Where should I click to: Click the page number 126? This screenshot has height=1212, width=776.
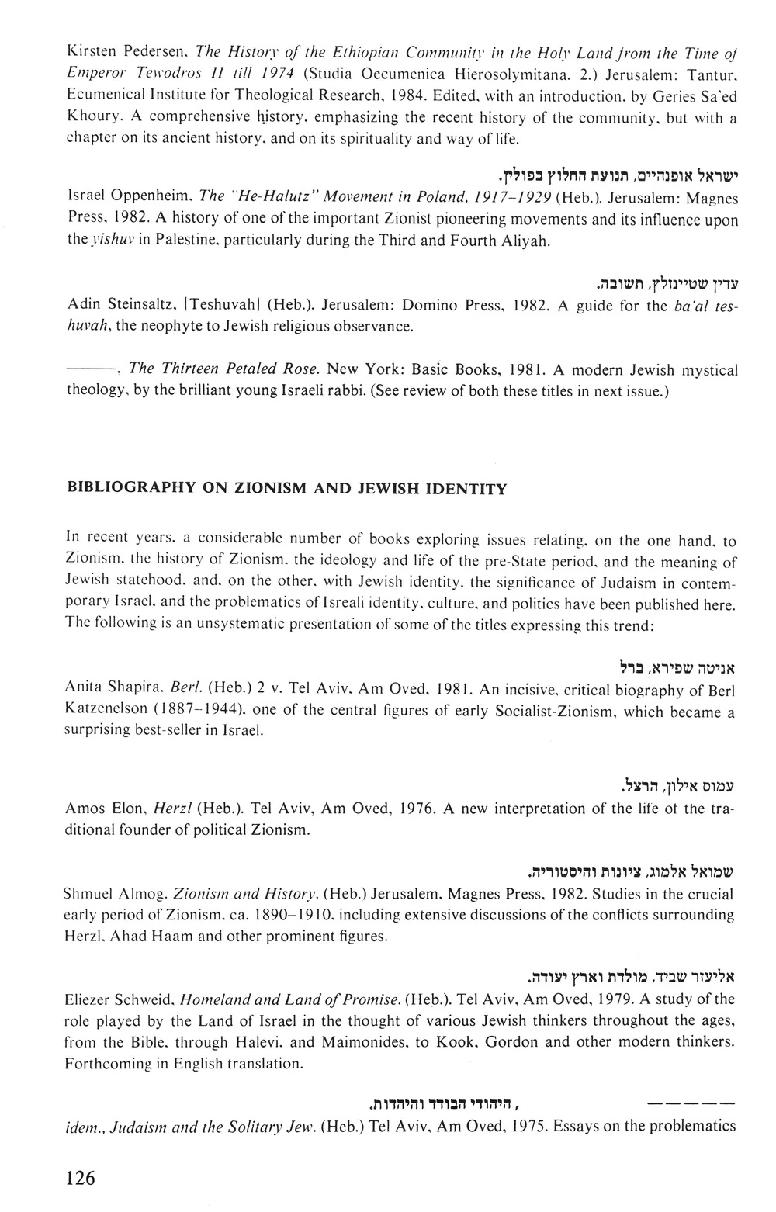click(x=81, y=1179)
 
